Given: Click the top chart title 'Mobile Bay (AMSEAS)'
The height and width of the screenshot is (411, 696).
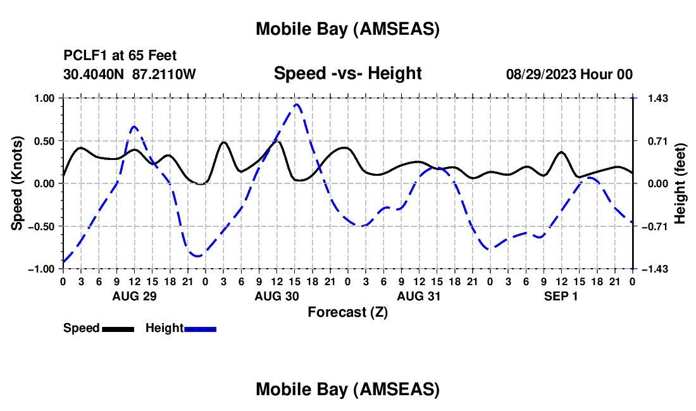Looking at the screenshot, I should [x=347, y=28].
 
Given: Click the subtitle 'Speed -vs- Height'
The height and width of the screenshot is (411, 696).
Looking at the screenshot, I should [x=347, y=73].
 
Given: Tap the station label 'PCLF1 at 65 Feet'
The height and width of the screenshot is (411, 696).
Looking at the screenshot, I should [x=120, y=55].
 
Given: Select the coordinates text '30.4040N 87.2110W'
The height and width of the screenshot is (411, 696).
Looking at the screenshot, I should [x=130, y=74].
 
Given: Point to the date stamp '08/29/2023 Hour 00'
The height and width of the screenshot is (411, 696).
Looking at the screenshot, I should [x=569, y=74].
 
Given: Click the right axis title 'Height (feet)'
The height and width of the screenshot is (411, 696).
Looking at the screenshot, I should [x=681, y=183].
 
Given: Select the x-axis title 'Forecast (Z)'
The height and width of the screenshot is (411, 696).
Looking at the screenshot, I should [x=347, y=312].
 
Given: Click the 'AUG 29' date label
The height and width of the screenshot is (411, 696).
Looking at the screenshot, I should [x=134, y=296].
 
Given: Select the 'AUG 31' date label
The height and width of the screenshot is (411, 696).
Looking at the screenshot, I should [x=418, y=296].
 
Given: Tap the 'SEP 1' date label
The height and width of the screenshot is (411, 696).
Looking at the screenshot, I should [x=561, y=296].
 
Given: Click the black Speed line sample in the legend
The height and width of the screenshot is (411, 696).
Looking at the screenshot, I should [x=118, y=329].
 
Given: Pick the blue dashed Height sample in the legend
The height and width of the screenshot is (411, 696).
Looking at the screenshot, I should [x=200, y=329].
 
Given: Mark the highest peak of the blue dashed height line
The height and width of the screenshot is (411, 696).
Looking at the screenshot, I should [x=296, y=104].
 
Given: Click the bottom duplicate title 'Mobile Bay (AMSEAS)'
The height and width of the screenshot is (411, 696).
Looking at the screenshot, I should [x=347, y=390].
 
